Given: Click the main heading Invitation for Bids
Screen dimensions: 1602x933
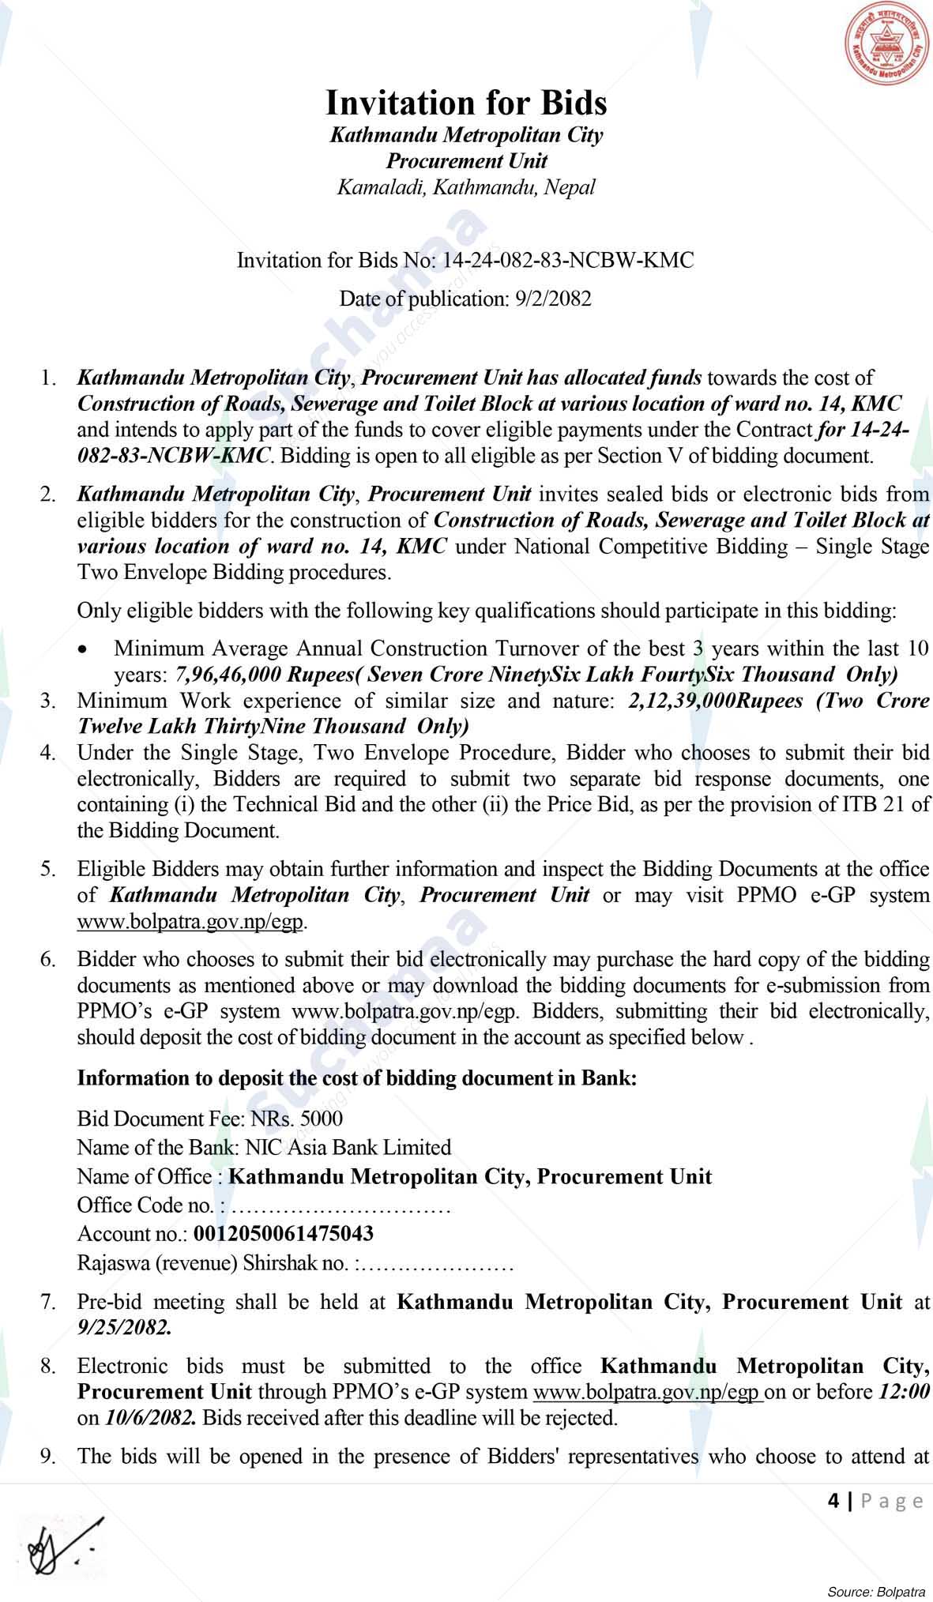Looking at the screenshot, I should click(x=466, y=103).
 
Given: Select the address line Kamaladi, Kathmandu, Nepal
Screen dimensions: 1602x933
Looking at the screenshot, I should click(x=466, y=187).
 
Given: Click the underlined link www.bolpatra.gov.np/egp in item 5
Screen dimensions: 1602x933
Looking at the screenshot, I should click(x=190, y=921).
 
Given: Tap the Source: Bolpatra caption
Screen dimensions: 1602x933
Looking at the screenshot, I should click(x=875, y=1591).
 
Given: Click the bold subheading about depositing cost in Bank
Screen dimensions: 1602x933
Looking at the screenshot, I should click(x=356, y=1078).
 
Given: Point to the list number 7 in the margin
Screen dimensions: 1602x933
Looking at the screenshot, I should click(x=48, y=1301).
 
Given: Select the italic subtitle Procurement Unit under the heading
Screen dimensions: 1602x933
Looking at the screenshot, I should click(x=466, y=161).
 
